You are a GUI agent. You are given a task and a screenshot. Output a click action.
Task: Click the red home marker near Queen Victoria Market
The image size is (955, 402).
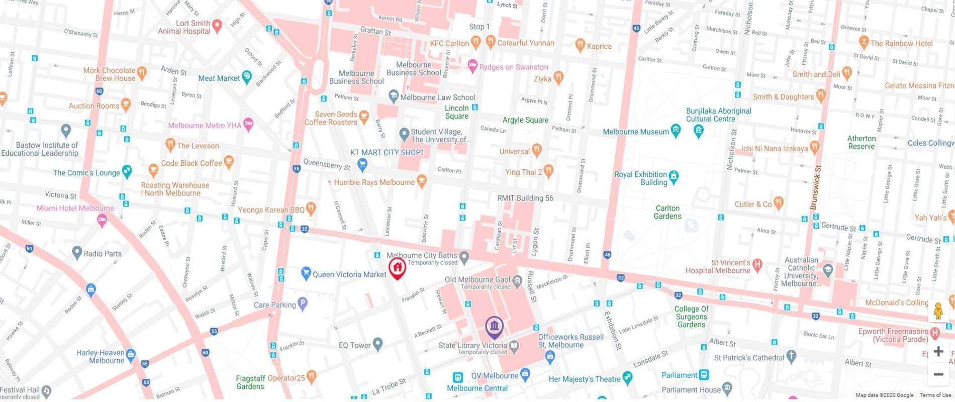click(397, 267)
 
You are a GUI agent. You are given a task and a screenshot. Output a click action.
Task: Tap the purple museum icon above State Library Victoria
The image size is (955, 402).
click(495, 326)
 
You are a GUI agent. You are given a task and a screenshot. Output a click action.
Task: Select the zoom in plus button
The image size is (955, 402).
click(938, 351)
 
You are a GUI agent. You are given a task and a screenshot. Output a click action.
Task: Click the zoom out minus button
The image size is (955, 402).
click(938, 374)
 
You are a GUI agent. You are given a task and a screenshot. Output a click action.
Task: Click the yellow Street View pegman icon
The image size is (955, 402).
click(938, 312)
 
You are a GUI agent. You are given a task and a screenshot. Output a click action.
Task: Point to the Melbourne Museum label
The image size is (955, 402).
click(636, 132)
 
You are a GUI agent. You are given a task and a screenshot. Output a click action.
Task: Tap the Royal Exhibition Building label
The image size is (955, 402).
click(641, 178)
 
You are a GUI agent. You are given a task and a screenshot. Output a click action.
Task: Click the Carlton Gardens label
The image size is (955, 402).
click(667, 212)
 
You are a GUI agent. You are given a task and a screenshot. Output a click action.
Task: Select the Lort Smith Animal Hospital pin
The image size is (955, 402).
click(217, 25)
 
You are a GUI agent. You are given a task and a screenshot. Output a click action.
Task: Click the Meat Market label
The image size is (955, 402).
click(219, 78)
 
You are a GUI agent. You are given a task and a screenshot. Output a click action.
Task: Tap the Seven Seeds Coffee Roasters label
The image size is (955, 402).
click(331, 118)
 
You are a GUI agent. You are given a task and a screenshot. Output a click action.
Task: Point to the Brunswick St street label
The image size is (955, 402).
click(815, 187)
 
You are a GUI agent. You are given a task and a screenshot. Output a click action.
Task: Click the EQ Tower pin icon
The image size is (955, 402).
click(378, 345)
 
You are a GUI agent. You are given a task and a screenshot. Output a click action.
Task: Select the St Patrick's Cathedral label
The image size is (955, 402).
click(749, 358)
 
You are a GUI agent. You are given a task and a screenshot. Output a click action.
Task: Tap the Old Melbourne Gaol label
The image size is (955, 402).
click(477, 280)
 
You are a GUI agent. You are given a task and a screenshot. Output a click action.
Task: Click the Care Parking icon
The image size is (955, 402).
click(302, 304)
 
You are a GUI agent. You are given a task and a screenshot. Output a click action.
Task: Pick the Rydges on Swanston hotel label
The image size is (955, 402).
click(513, 67)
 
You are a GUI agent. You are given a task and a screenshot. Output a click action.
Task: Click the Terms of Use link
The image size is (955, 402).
click(935, 395)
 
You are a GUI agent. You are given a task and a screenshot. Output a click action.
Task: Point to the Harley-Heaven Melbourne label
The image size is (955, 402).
click(100, 357)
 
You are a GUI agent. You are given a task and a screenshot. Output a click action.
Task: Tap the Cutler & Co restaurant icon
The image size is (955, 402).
click(779, 203)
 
